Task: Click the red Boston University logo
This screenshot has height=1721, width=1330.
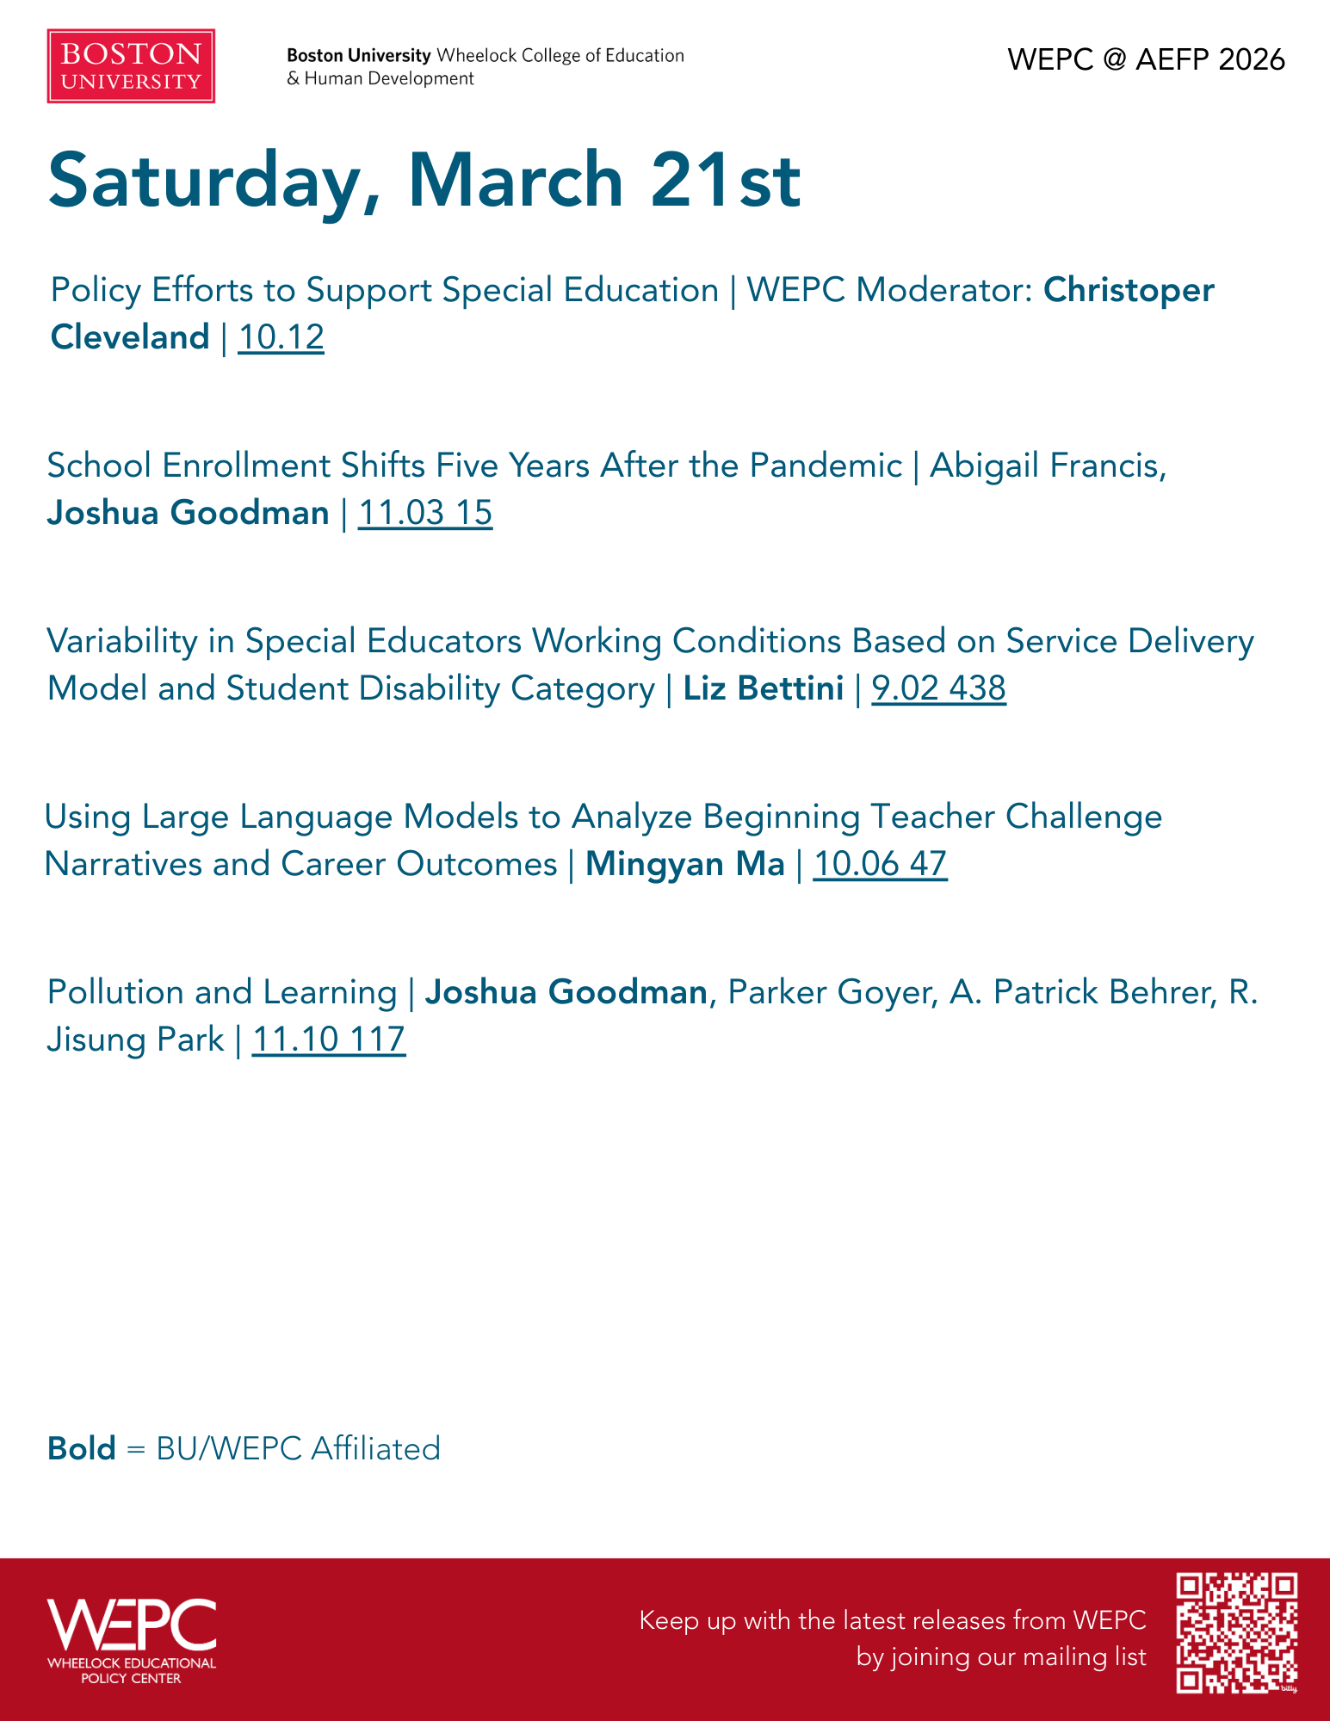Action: (131, 66)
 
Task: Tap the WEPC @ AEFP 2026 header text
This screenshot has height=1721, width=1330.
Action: (1146, 59)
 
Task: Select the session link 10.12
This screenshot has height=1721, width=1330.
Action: (281, 337)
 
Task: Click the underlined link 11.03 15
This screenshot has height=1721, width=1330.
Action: (424, 513)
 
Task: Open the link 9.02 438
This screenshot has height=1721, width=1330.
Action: (938, 688)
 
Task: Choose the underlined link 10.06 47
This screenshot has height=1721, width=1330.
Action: (880, 864)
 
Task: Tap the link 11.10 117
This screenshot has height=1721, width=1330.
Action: (328, 1039)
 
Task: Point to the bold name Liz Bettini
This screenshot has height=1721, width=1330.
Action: (763, 688)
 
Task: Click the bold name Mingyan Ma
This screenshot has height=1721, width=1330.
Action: (684, 864)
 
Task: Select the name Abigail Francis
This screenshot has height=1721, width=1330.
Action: (1048, 466)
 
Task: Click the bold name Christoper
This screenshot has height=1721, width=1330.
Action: (1129, 290)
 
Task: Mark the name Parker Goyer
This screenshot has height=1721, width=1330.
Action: (832, 992)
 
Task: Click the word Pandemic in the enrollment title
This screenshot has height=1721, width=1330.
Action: (825, 466)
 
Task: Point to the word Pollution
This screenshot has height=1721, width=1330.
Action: (115, 992)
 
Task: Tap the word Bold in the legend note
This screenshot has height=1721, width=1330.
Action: (82, 1448)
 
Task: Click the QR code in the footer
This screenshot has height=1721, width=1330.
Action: (1236, 1632)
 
